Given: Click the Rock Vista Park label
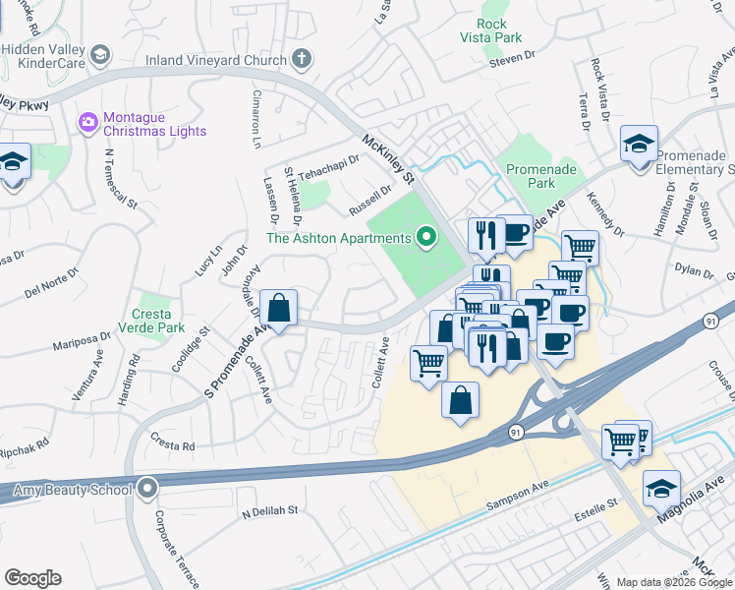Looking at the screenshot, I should tap(491, 30).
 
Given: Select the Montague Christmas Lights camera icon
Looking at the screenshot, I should tap(87, 121).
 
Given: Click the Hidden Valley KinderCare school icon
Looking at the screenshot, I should tap(100, 54).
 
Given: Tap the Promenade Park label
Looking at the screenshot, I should tap(541, 176).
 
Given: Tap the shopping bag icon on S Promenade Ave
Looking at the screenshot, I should tap(280, 307).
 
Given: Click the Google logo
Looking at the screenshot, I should tap(32, 578).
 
